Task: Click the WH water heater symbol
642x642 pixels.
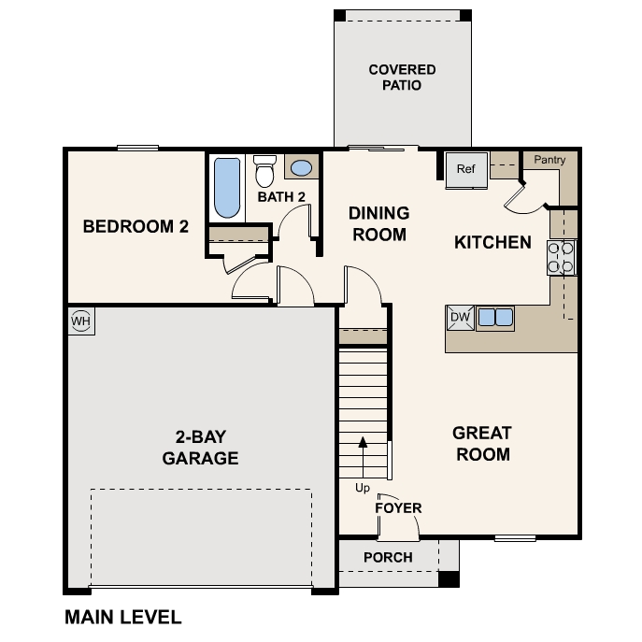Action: point(81,321)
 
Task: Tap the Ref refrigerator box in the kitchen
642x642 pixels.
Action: point(465,169)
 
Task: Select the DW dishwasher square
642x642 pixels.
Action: point(460,318)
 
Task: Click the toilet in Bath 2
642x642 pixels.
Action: point(265,170)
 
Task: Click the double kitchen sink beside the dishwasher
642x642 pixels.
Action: point(495,318)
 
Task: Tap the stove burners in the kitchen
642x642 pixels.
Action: point(562,257)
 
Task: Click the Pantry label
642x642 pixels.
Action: point(549,160)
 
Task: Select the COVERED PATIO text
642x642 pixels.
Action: point(402,78)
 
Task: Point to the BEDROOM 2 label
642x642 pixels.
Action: point(129,226)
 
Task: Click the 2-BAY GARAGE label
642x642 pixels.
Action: point(200,448)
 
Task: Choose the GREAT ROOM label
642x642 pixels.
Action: point(482,444)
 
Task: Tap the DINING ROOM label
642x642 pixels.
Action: point(379,224)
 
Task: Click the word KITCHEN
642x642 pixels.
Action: point(492,243)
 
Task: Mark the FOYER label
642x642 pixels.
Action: point(398,508)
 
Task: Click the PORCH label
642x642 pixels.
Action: point(388,558)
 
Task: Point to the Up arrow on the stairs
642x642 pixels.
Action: point(363,458)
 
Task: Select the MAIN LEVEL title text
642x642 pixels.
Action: point(122,617)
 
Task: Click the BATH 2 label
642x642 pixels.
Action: point(281,197)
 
